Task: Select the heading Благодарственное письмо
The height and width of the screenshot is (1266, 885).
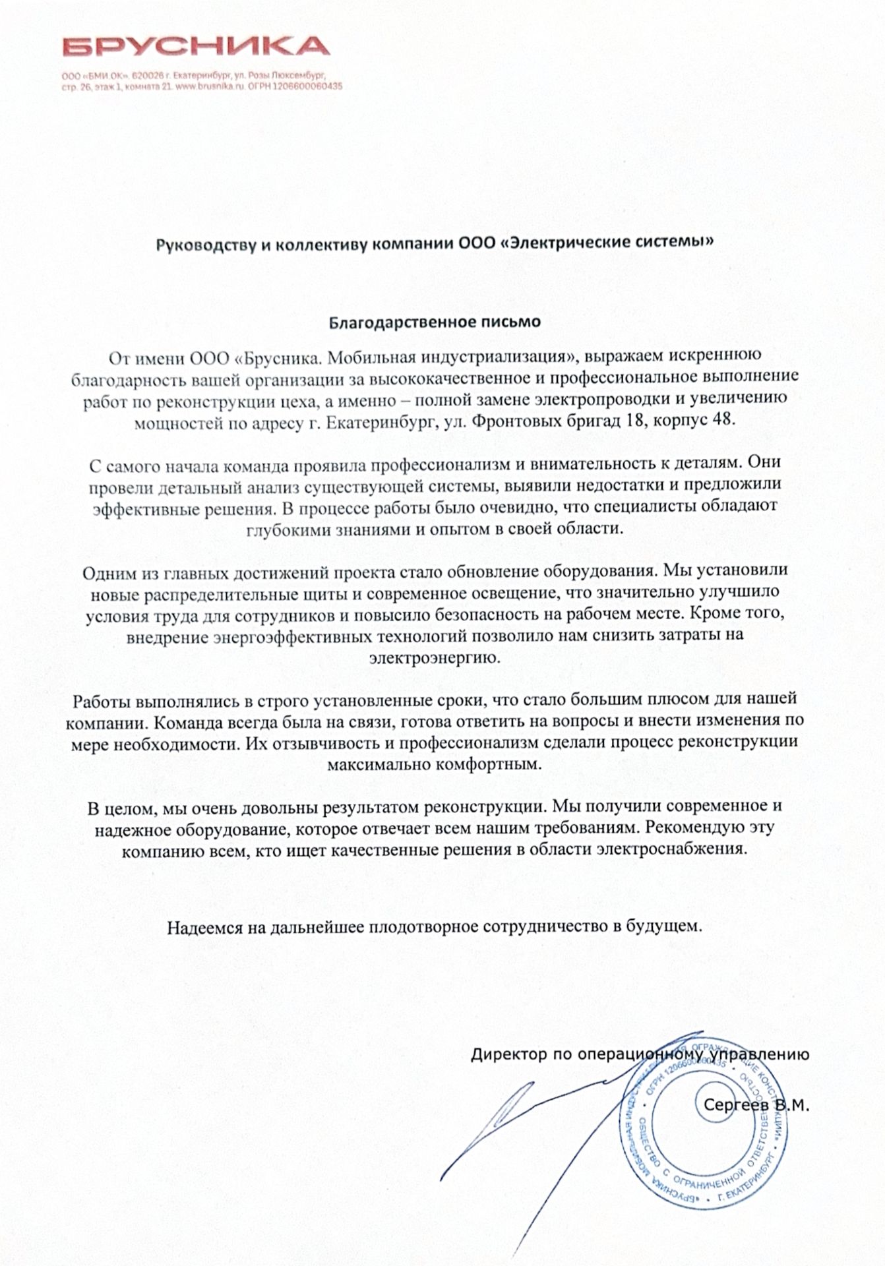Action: [435, 322]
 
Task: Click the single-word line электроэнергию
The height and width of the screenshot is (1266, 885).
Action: [435, 657]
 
